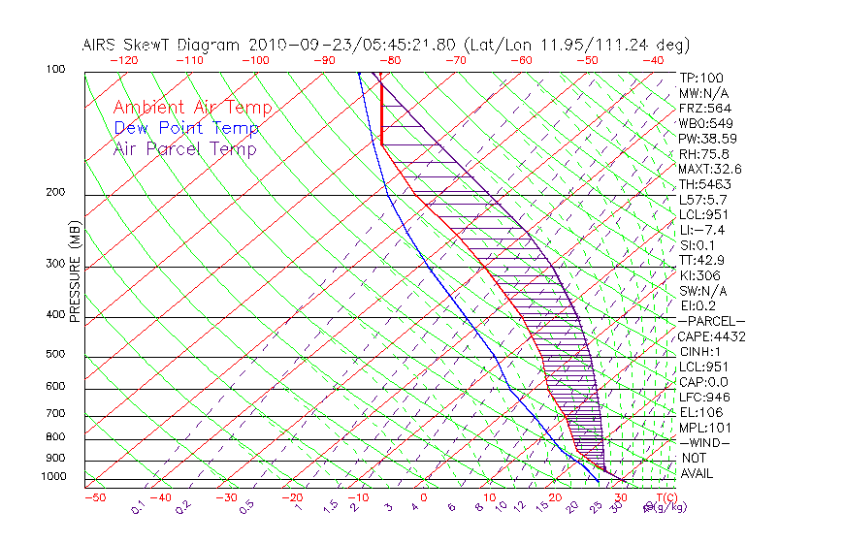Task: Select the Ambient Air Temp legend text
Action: (x=192, y=108)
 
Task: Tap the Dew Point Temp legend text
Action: (x=186, y=128)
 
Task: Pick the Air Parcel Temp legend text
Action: (x=184, y=148)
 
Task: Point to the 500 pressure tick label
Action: (x=56, y=355)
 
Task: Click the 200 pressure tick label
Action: (x=56, y=193)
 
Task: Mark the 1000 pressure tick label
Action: (x=53, y=476)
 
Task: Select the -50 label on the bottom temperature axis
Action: (x=94, y=497)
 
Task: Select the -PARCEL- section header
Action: (x=711, y=321)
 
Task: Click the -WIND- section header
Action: (x=704, y=442)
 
